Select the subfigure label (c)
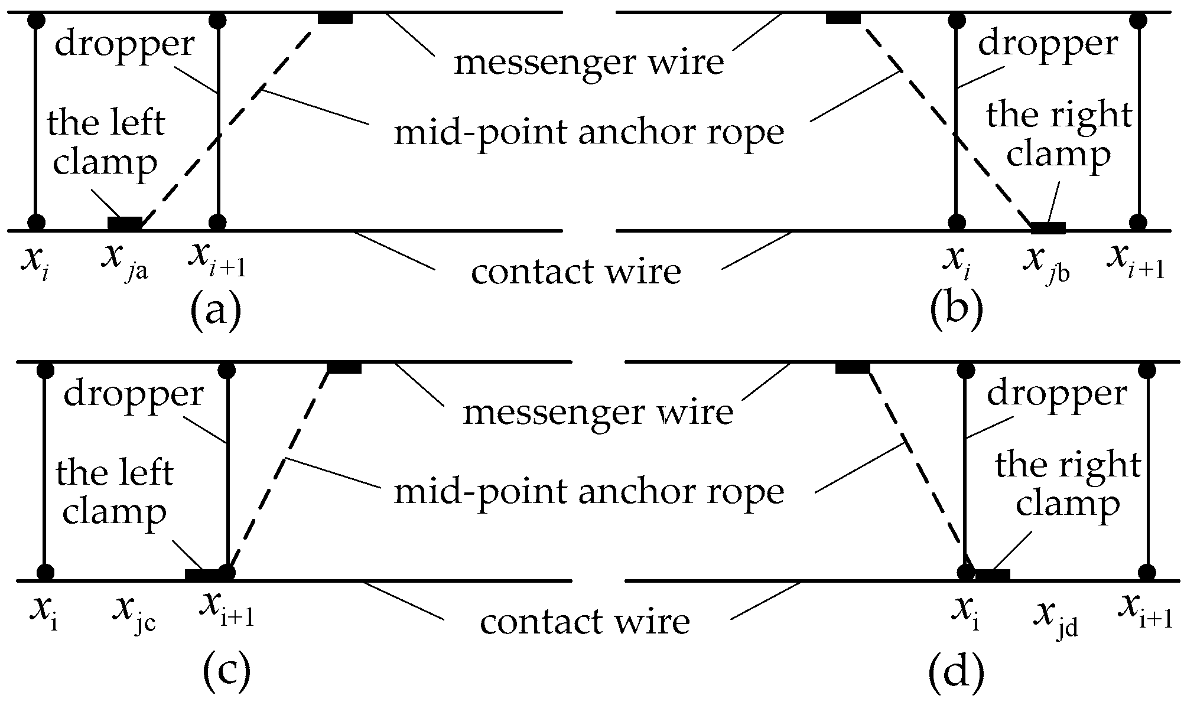(226, 672)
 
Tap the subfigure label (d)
(956, 672)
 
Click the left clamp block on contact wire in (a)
(125, 223)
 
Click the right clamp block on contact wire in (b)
(1048, 227)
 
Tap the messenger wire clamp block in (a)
(335, 18)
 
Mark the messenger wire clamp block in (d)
(853, 368)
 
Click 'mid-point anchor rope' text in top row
(588, 133)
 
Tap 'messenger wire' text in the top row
(588, 61)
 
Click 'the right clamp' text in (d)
(1067, 484)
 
